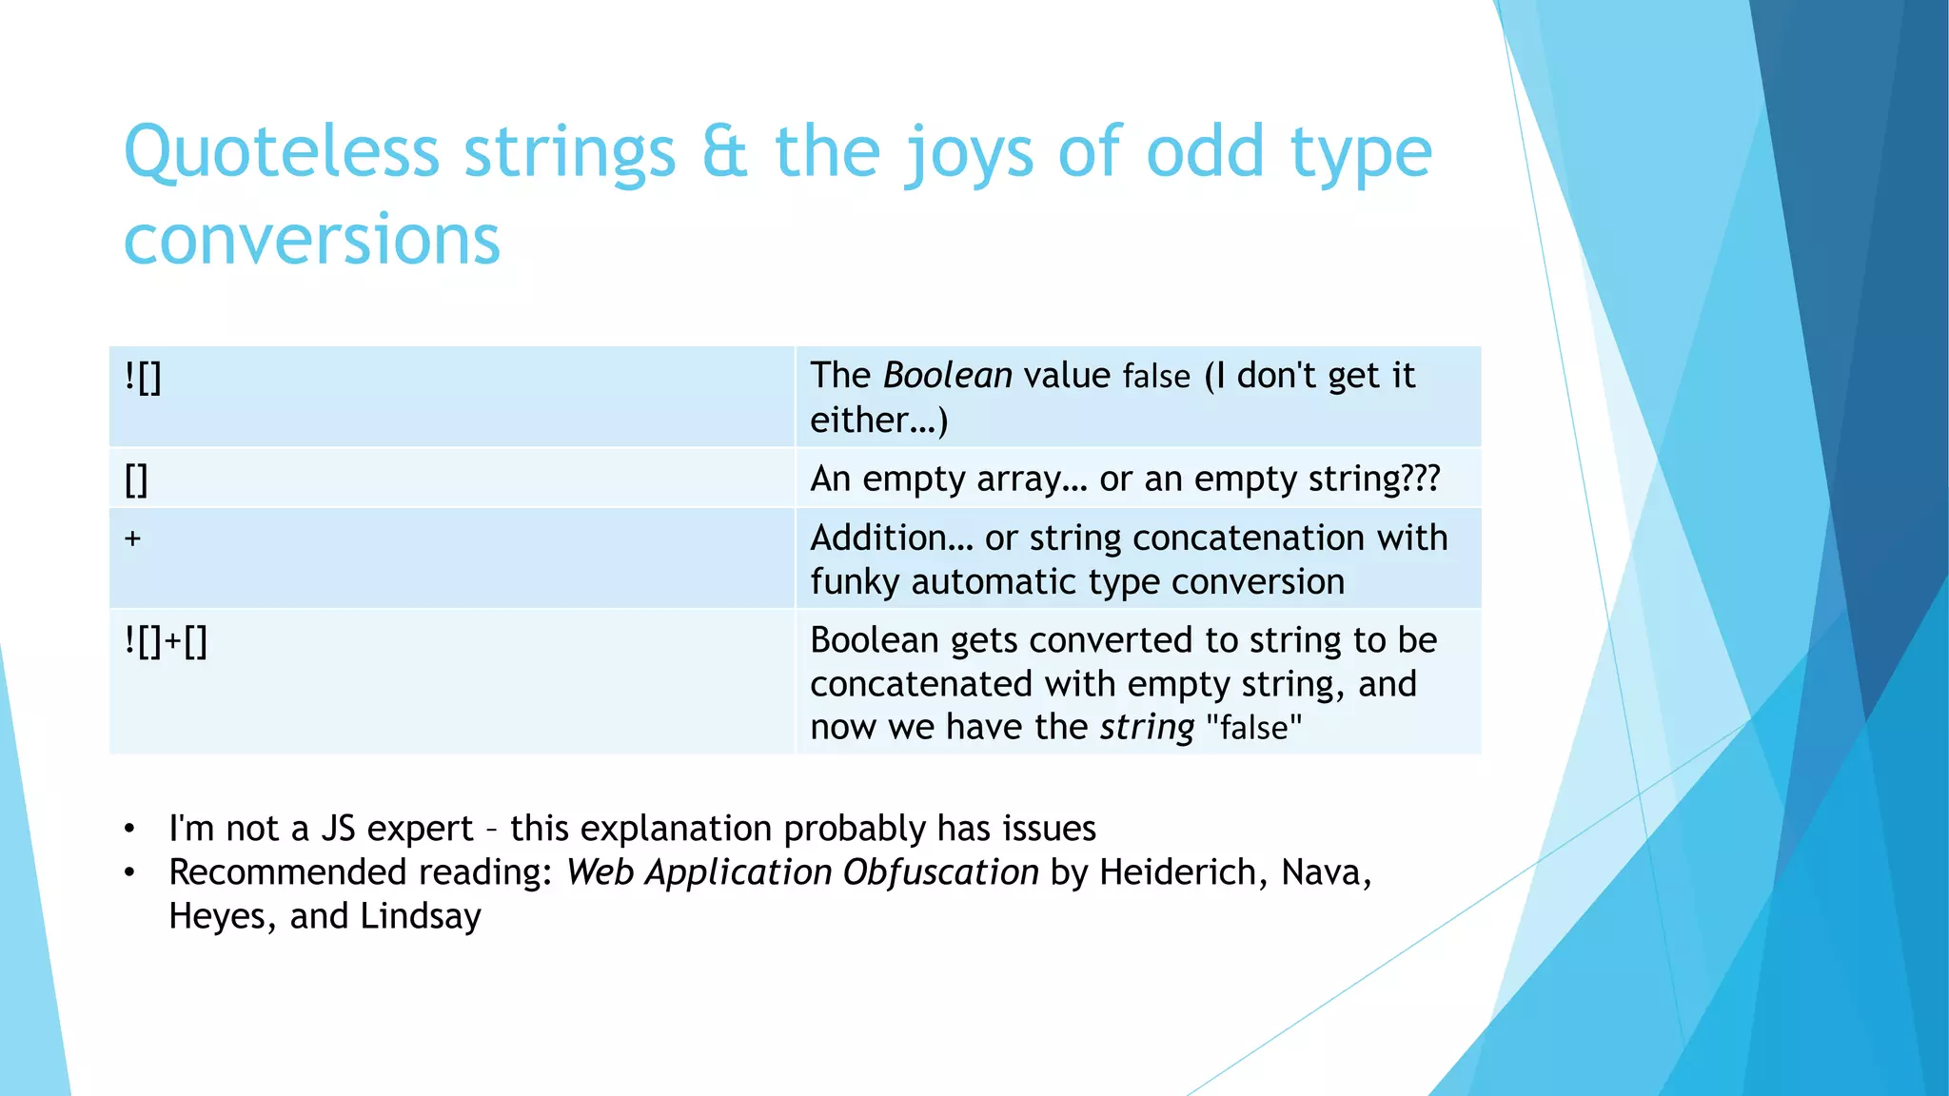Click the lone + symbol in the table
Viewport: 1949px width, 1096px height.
point(132,538)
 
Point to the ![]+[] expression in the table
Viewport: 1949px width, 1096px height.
point(166,641)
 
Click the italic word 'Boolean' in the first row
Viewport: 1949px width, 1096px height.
point(947,376)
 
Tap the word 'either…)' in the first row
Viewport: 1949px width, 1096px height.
point(878,420)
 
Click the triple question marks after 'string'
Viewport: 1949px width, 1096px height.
point(1420,479)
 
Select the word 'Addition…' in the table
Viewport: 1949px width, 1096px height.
point(892,538)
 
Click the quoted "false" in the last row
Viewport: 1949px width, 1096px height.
point(1253,728)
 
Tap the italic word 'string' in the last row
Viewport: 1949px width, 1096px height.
point(1147,728)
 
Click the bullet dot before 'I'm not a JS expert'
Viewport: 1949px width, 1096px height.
point(129,829)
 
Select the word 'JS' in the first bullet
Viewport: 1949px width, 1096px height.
point(338,829)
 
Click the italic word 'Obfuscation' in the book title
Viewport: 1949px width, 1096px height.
point(940,872)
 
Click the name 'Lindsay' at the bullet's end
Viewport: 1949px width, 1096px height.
point(421,916)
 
